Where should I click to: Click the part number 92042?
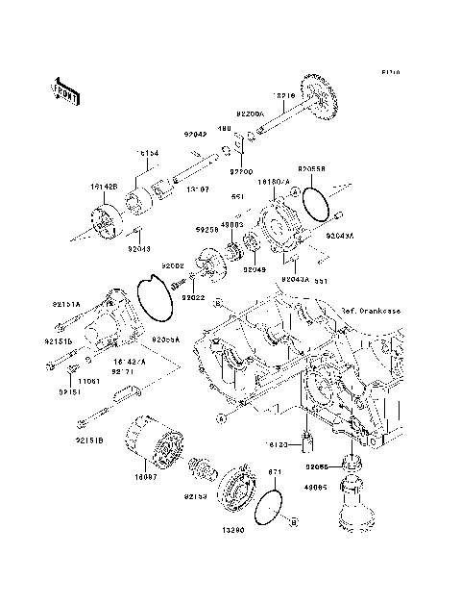point(196,137)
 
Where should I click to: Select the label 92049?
point(254,270)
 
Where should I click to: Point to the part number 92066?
point(317,466)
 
